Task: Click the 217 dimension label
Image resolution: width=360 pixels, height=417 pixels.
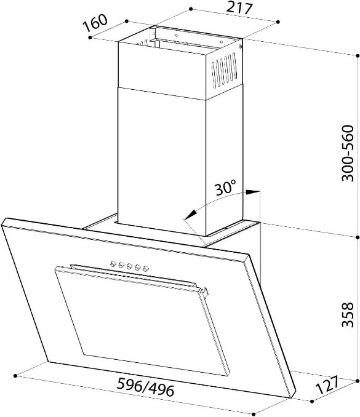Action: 239,8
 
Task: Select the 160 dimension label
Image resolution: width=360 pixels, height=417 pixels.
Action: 95,23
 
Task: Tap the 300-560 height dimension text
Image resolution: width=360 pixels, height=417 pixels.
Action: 348,153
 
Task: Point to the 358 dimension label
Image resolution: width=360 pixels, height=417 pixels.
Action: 348,315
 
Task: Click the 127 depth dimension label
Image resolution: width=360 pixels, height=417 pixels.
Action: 327,384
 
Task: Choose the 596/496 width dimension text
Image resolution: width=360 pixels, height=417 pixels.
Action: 146,387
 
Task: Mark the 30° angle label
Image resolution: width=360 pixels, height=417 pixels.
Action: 225,188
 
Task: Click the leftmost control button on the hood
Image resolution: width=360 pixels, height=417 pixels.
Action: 113,264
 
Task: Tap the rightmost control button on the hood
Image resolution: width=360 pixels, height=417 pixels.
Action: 146,269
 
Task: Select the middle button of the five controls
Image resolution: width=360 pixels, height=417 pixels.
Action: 130,266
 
